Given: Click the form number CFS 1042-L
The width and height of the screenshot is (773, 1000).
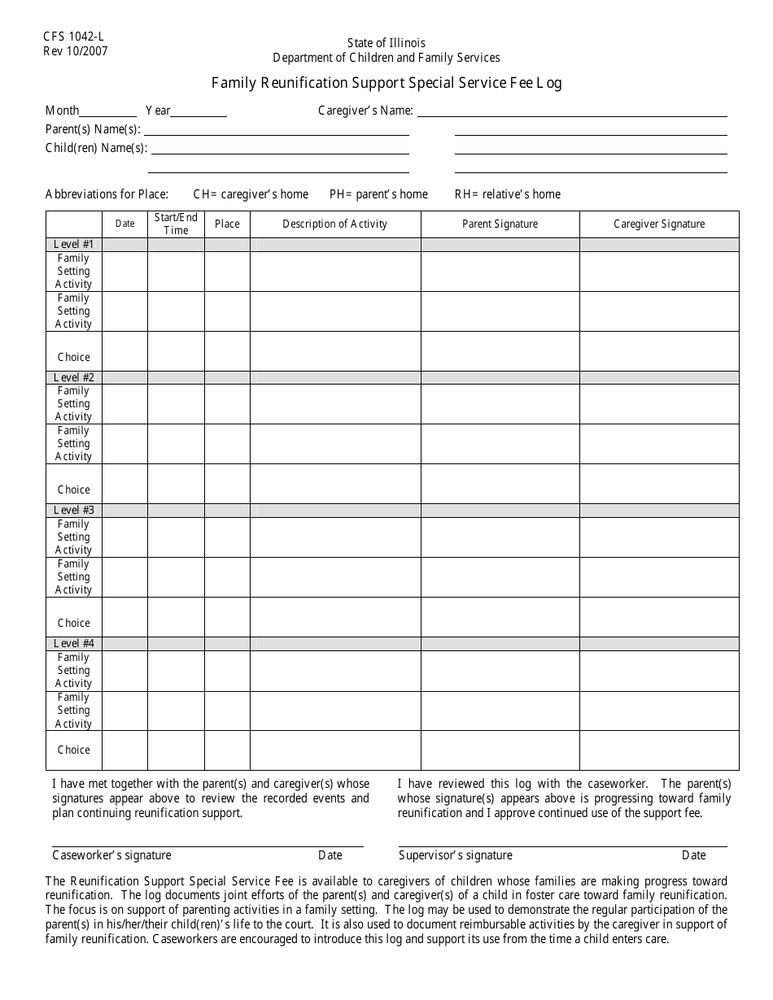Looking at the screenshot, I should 74,37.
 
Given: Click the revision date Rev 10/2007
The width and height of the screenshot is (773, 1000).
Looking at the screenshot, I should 76,50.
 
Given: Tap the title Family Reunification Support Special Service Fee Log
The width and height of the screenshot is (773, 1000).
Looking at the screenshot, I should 386,82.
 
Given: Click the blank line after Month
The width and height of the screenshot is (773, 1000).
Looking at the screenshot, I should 108,112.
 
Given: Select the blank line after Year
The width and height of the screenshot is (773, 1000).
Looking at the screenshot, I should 199,112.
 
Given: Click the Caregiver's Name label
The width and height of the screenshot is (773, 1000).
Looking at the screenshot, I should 365,111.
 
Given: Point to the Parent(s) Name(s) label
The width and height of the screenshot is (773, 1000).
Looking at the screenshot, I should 93,129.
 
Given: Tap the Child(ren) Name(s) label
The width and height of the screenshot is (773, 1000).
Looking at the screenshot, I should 96,148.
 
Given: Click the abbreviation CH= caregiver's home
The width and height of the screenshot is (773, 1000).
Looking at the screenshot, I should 251,194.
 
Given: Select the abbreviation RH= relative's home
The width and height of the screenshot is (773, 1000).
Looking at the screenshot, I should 508,194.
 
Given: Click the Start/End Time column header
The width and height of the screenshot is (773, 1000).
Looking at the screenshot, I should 176,224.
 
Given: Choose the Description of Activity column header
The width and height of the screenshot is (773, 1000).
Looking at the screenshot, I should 334,224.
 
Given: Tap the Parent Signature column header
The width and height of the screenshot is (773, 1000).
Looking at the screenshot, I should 500,224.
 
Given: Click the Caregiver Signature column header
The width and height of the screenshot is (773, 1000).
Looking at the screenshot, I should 659,224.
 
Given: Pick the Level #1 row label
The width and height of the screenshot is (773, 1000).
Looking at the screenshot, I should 74,244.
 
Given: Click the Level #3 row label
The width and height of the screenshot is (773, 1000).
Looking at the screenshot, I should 74,510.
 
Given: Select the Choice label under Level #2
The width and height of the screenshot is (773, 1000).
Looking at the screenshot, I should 74,489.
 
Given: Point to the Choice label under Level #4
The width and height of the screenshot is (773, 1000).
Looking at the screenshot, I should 74,750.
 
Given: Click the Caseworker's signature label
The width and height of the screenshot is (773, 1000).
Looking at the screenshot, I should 111,855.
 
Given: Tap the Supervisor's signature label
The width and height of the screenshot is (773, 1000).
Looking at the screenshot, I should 456,855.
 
